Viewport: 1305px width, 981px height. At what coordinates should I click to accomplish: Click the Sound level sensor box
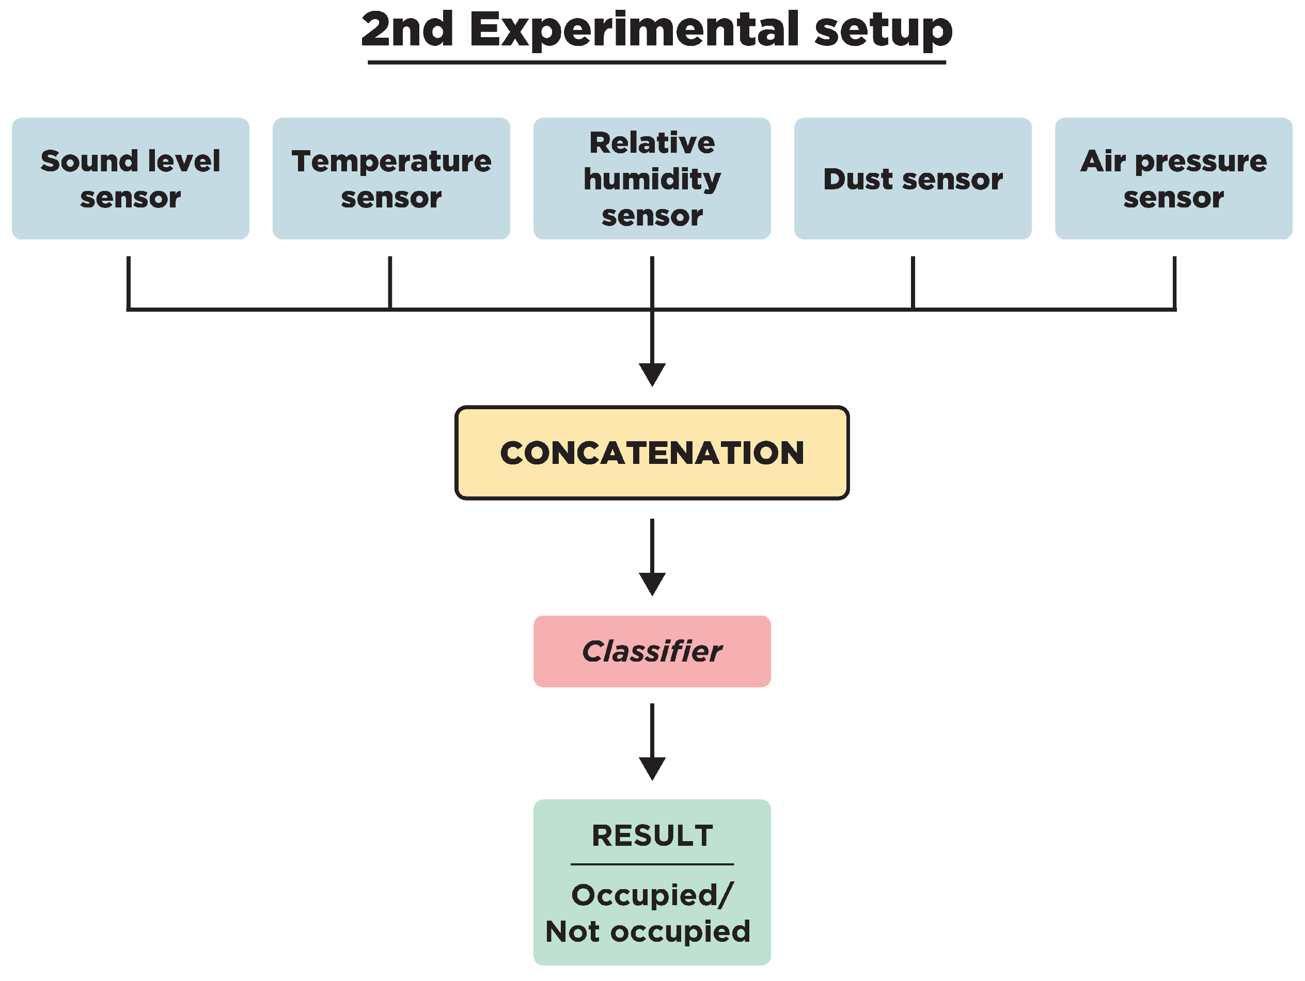point(130,179)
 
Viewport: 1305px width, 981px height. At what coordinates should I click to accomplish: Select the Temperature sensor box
point(391,179)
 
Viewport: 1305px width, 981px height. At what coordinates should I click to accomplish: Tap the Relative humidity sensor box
point(652,179)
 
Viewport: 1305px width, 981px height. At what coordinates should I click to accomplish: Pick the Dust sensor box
point(913,179)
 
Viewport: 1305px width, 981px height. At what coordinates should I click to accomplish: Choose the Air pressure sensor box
point(1173,179)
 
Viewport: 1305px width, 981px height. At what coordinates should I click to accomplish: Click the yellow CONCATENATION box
point(652,453)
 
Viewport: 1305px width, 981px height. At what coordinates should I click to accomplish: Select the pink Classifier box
point(652,651)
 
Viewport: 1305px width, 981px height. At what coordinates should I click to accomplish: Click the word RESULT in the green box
point(652,835)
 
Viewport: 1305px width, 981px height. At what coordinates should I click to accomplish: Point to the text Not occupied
point(648,931)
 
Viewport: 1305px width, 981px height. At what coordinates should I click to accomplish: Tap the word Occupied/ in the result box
point(652,895)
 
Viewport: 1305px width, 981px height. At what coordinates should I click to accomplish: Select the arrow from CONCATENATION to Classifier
point(652,557)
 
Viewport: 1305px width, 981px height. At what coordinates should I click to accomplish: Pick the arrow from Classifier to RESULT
point(652,742)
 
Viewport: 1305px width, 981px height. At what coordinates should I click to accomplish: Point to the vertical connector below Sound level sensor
point(129,282)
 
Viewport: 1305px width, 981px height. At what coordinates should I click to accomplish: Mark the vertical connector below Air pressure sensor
point(1174,282)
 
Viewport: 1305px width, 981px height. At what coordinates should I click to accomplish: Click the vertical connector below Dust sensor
point(913,282)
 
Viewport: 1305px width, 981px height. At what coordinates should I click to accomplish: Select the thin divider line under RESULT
point(652,864)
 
